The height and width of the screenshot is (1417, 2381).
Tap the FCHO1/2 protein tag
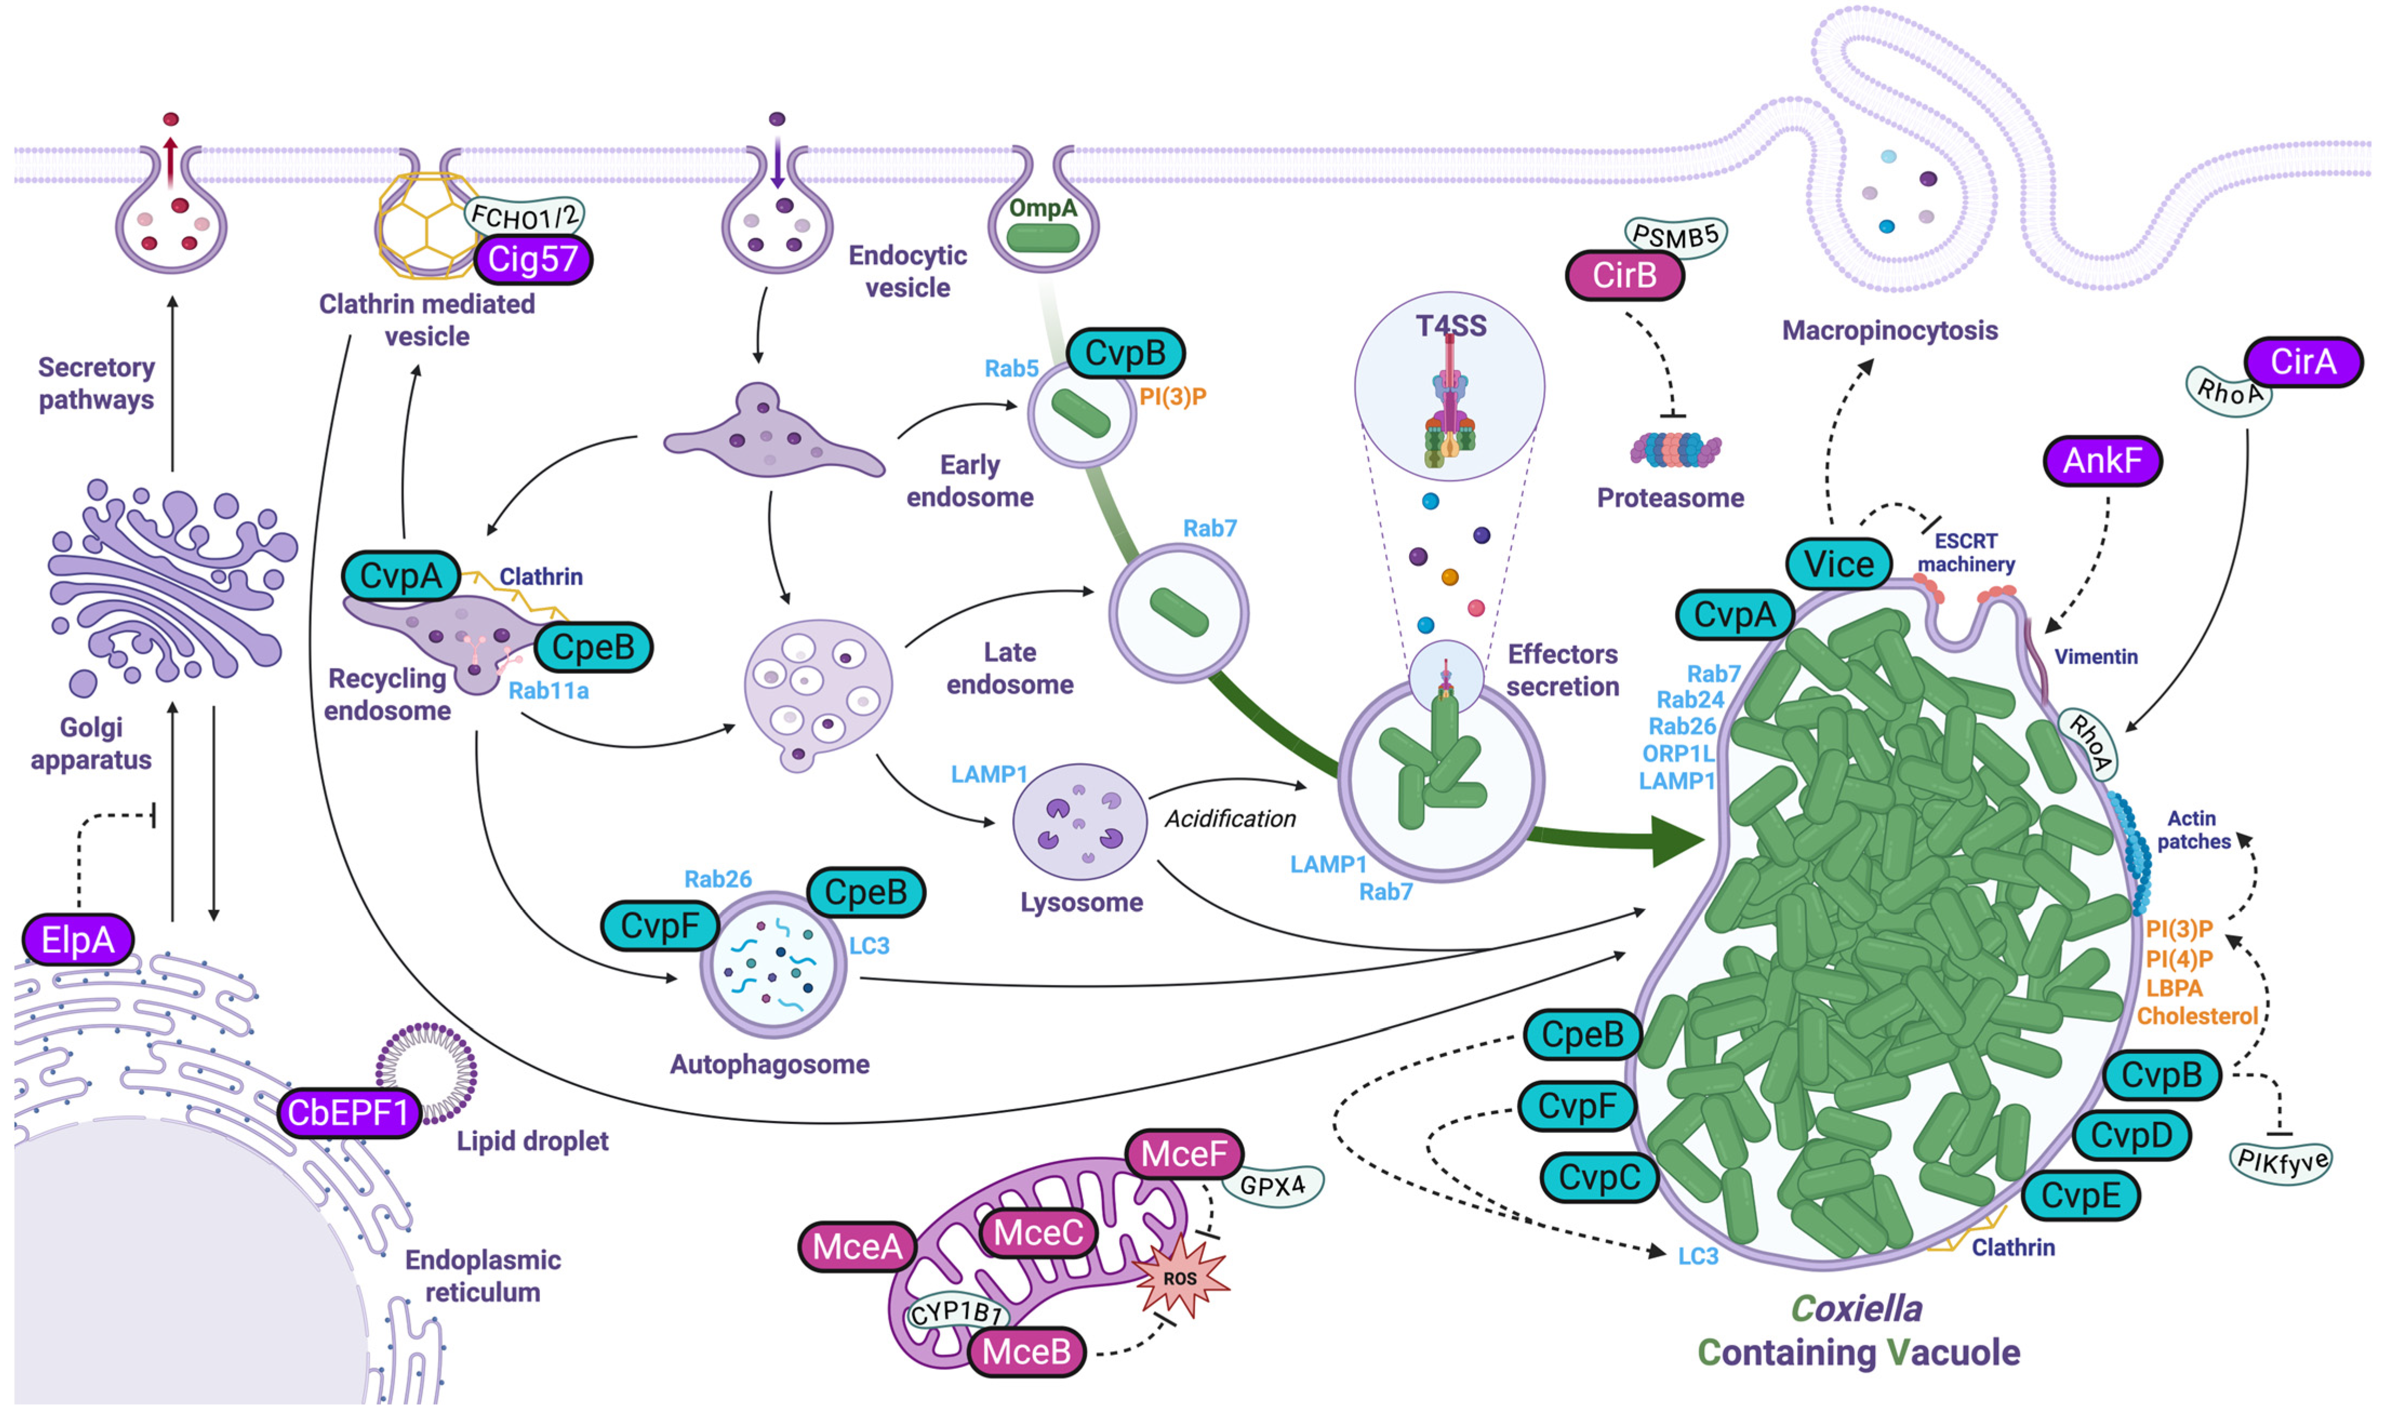[x=523, y=216]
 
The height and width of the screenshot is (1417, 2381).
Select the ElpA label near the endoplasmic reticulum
[x=77, y=940]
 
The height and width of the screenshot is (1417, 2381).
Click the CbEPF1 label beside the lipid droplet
[x=348, y=1112]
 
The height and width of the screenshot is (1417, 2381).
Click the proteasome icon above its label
[x=1673, y=449]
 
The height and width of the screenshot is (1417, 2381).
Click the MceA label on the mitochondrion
[x=857, y=1246]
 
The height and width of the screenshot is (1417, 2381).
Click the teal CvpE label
[x=2079, y=1195]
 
